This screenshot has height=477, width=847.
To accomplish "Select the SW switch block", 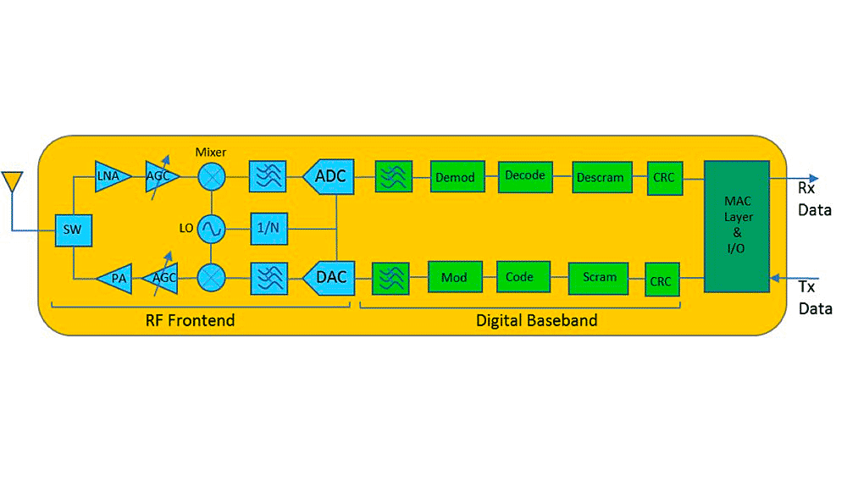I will coord(73,230).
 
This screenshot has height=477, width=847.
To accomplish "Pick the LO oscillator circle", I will coord(211,228).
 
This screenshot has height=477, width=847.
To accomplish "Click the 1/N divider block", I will coord(268,228).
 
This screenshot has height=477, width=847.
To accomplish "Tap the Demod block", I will coord(455,177).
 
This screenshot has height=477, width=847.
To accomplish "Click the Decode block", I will coord(525,175).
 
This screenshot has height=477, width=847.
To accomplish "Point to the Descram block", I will coord(601,177).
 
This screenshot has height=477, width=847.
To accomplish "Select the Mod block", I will coord(455,277).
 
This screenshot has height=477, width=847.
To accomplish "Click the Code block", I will coord(519,277).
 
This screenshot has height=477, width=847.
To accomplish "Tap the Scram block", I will coord(601,277).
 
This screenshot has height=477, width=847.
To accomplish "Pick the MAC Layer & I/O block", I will coord(736,224).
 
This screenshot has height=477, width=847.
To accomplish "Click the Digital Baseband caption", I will coord(536,320).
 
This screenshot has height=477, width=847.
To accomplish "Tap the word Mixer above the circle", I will coord(211,151).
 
